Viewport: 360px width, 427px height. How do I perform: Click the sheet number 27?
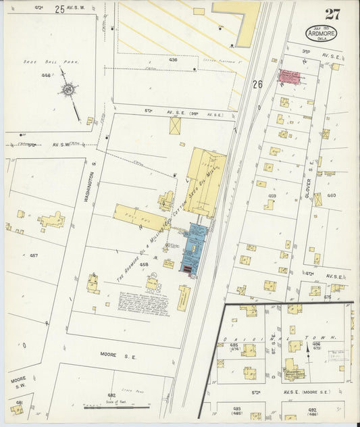(x=332, y=14)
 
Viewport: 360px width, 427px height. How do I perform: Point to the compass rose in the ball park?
(x=70, y=90)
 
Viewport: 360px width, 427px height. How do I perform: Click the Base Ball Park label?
(x=61, y=61)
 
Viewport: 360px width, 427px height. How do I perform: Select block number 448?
(x=46, y=75)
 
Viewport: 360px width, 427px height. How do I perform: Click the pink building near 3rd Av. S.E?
(x=289, y=76)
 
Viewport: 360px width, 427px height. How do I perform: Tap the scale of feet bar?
(x=117, y=407)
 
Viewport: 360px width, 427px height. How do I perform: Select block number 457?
(x=34, y=256)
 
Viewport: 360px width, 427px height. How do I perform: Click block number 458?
(x=143, y=265)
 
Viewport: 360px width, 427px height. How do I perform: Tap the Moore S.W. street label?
(x=18, y=383)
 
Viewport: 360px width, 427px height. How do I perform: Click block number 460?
(x=332, y=195)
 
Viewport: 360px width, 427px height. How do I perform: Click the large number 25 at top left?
(x=60, y=9)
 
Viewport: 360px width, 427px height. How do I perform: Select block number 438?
(x=173, y=59)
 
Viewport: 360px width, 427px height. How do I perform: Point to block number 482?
(x=111, y=395)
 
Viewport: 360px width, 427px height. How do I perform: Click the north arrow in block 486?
(x=315, y=348)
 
